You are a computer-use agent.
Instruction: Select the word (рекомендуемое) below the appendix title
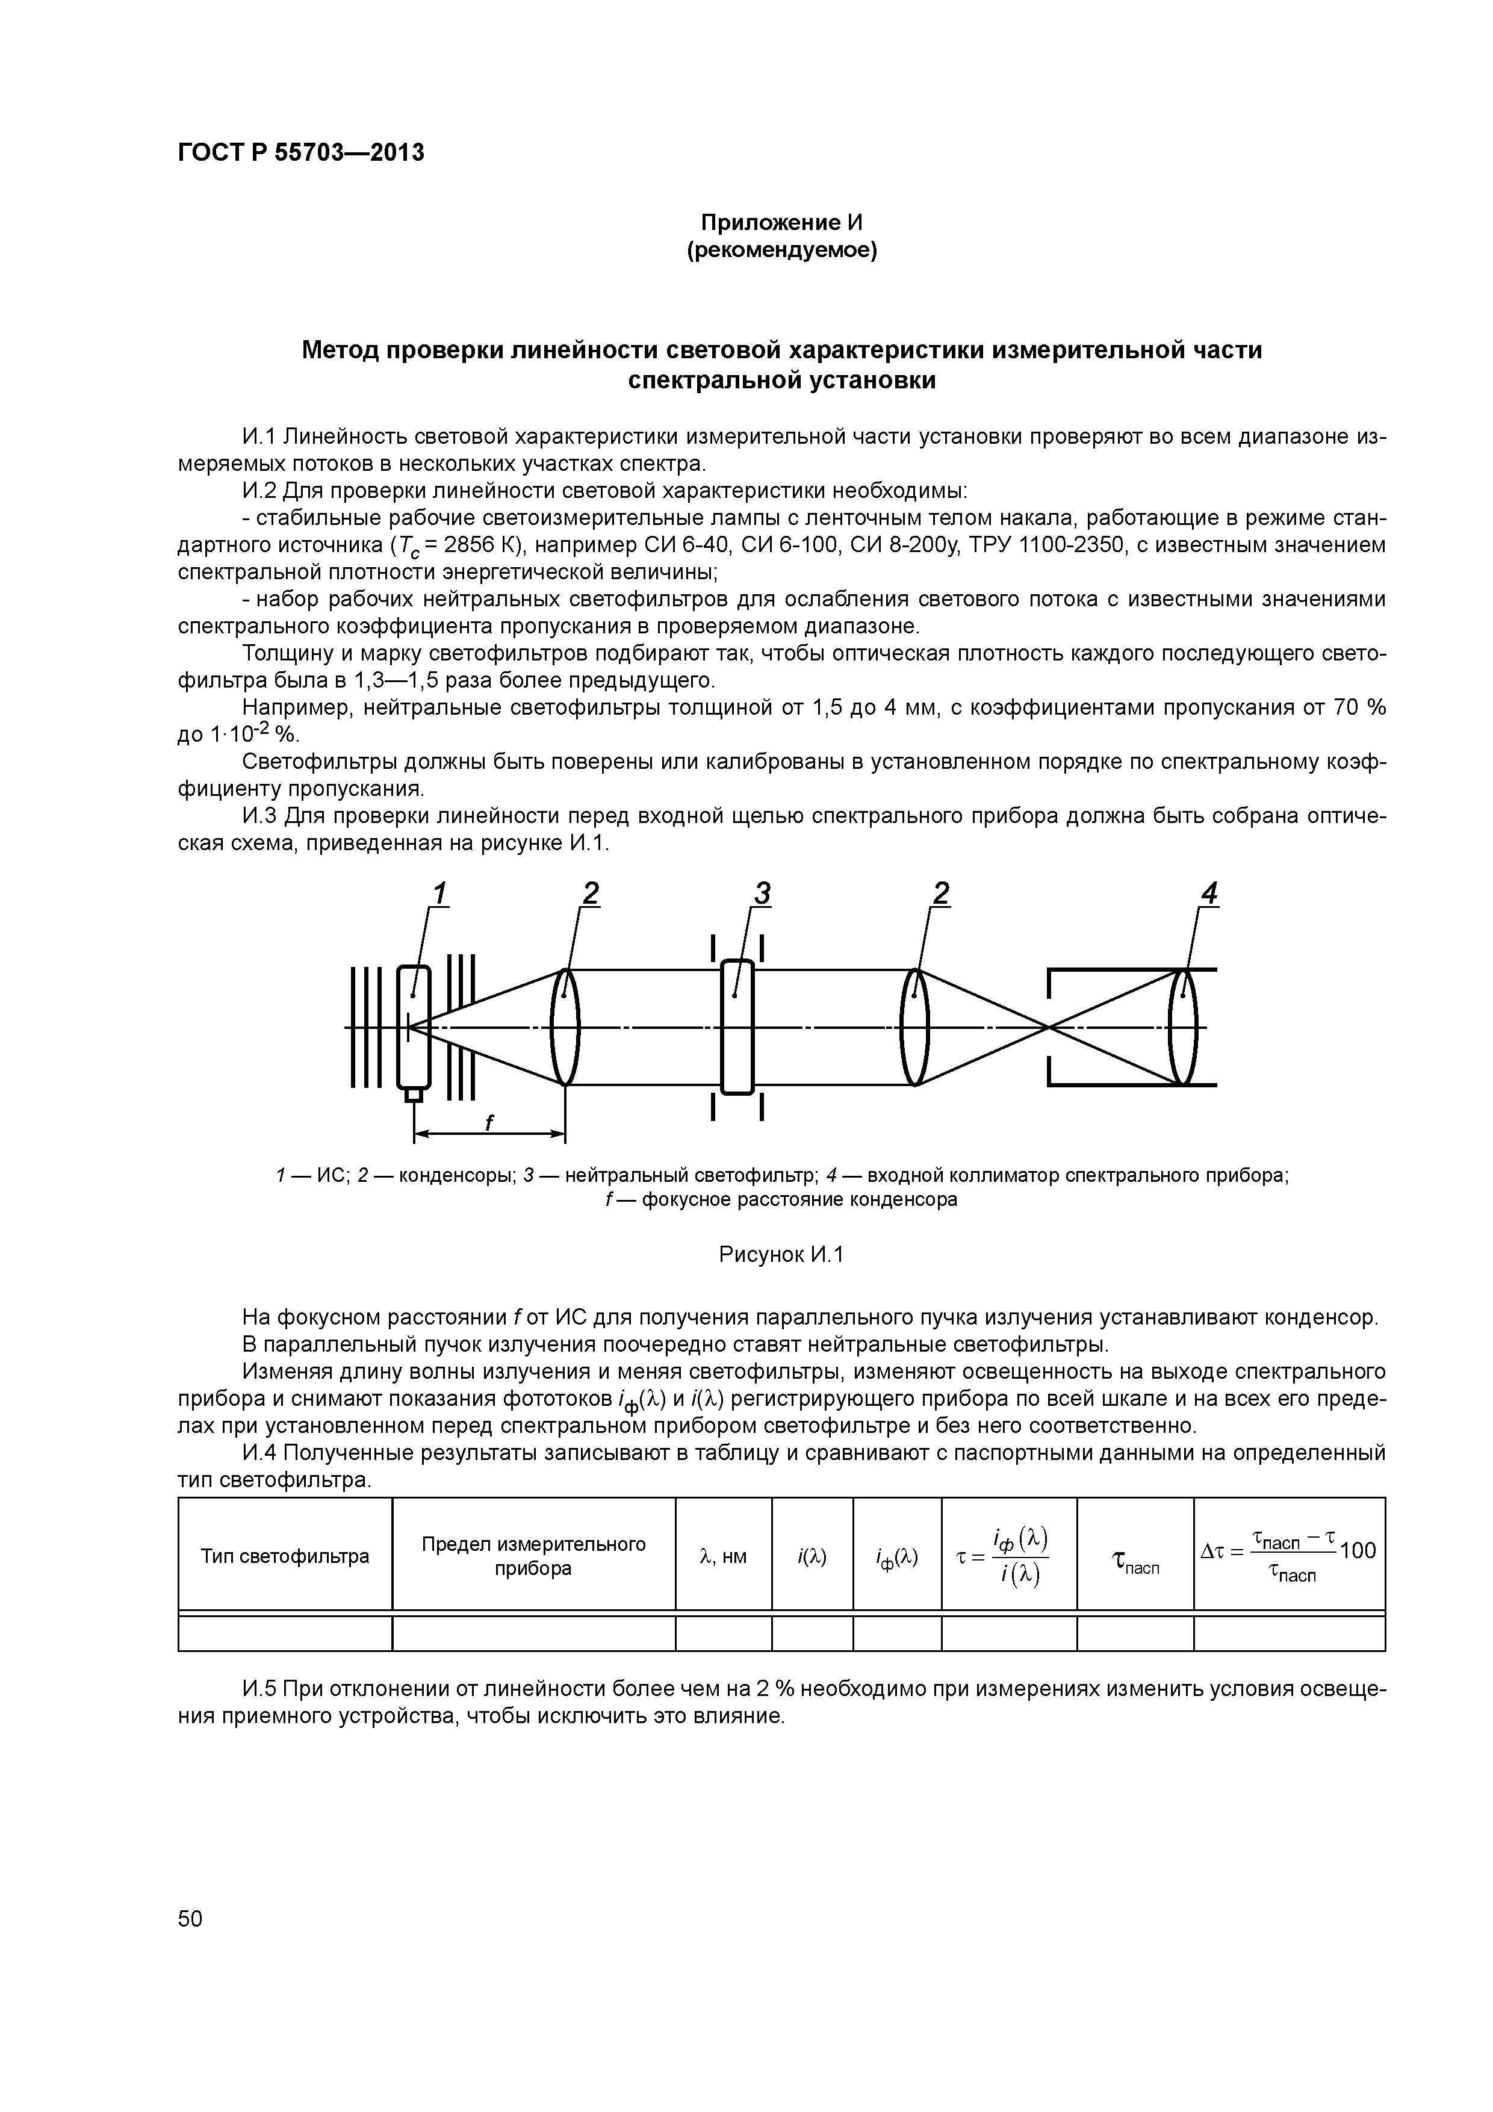coord(782,250)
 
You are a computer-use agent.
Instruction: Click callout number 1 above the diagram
coord(439,893)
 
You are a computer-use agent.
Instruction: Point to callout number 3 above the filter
coord(762,893)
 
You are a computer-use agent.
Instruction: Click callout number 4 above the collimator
coord(1209,893)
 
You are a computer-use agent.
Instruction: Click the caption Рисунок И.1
coord(781,1255)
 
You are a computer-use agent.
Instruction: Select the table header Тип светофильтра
coord(285,1556)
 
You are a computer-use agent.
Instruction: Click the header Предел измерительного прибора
coord(533,1556)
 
